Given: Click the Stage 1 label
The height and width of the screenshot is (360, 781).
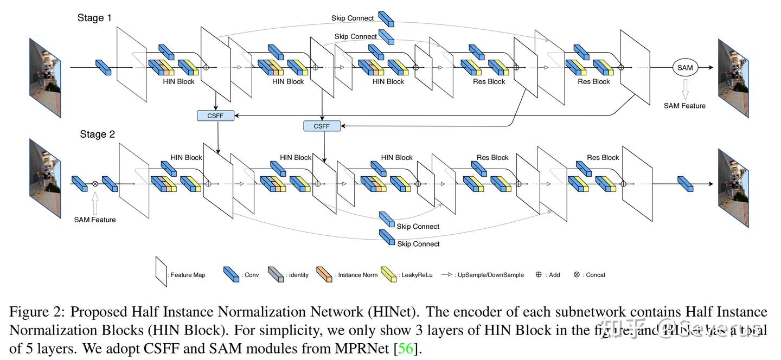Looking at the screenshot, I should tap(94, 18).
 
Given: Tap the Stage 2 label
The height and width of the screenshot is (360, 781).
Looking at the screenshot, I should tap(98, 134).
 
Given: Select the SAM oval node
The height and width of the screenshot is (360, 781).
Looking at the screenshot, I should tap(685, 68).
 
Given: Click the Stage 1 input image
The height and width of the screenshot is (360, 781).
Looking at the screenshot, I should tap(46, 78).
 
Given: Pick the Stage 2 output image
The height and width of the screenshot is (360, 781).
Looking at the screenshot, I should tap(733, 188).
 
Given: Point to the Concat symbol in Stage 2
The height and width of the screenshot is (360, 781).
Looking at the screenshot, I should tap(95, 184).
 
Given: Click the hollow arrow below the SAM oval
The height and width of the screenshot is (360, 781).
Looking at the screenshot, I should tap(685, 88).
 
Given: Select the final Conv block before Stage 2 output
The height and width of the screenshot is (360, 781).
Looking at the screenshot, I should tap(686, 184).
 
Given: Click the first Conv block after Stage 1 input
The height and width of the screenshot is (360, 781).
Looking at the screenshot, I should tap(103, 67).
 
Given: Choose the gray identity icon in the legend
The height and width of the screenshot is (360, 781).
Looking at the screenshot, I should tap(276, 274).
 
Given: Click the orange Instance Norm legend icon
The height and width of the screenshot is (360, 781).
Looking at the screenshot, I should tap(324, 274).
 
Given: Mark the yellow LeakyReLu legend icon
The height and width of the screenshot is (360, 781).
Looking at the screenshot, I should tap(388, 274).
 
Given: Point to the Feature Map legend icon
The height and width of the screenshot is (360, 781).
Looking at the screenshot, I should tap(161, 272).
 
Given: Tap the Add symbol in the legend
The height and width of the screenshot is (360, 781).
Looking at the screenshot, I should tap(539, 274).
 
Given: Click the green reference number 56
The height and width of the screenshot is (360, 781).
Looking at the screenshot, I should tap(406, 348).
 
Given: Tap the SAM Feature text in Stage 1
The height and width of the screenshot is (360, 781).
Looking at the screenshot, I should tap(684, 106).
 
